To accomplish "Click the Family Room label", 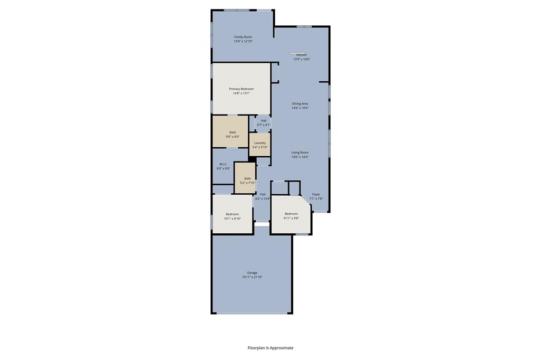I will [243, 37].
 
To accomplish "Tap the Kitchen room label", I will [302, 55].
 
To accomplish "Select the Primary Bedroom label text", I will [241, 89].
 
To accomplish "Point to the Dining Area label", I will [300, 104].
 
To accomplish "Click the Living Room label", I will [300, 153].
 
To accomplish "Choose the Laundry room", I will [260, 145].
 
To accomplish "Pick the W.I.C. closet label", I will [223, 164].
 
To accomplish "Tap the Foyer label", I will [316, 194].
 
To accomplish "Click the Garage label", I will [252, 273].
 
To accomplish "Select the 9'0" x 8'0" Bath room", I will [233, 134].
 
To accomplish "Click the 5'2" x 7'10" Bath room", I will [247, 180].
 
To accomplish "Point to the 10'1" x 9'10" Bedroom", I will [232, 216].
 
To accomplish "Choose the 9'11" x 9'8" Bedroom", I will [291, 215].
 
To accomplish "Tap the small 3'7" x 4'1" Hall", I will [263, 122].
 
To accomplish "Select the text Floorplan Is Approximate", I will [270, 348].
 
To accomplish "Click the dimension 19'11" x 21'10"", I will [252, 277].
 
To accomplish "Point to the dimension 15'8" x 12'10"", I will [243, 41].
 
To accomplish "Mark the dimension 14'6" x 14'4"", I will [300, 157].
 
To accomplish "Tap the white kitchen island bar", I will [297, 53].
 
